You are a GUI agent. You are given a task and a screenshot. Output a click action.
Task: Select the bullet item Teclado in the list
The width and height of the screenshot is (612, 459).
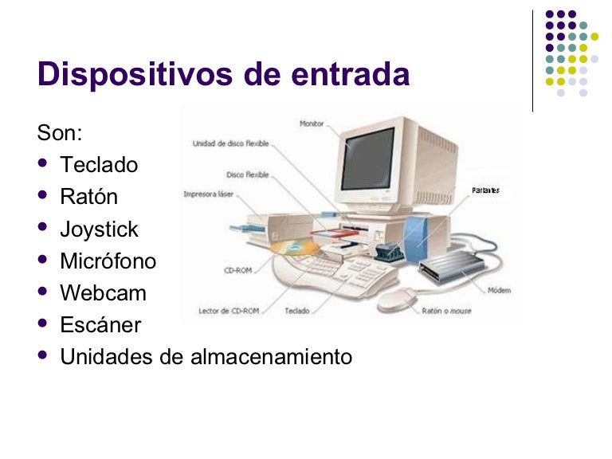click(x=99, y=165)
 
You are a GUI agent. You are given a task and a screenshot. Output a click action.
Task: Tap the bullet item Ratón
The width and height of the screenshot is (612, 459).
click(x=88, y=197)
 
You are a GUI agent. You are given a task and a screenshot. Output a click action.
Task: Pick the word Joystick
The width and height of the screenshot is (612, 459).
click(x=99, y=229)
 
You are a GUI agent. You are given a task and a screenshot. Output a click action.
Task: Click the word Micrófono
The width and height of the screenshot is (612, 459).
click(x=108, y=261)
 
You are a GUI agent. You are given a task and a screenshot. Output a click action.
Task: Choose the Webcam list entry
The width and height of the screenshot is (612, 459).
click(x=103, y=293)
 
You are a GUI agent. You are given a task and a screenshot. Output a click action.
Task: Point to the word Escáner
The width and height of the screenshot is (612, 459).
click(x=100, y=325)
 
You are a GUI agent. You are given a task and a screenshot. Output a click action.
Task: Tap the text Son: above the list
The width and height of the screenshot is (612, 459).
click(x=60, y=132)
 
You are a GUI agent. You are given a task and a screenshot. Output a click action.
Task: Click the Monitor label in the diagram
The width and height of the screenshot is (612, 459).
click(x=312, y=124)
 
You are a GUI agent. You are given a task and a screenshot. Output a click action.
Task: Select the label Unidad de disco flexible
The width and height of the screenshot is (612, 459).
click(x=230, y=144)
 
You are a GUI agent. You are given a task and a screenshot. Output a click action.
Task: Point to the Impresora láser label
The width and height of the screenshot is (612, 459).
click(x=208, y=194)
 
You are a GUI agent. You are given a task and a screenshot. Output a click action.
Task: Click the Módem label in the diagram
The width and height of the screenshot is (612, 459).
click(x=500, y=290)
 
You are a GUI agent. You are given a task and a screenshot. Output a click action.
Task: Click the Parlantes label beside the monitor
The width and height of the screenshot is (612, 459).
click(x=485, y=190)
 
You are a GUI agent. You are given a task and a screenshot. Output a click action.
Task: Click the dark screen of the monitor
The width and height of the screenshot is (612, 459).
click(x=367, y=157)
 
